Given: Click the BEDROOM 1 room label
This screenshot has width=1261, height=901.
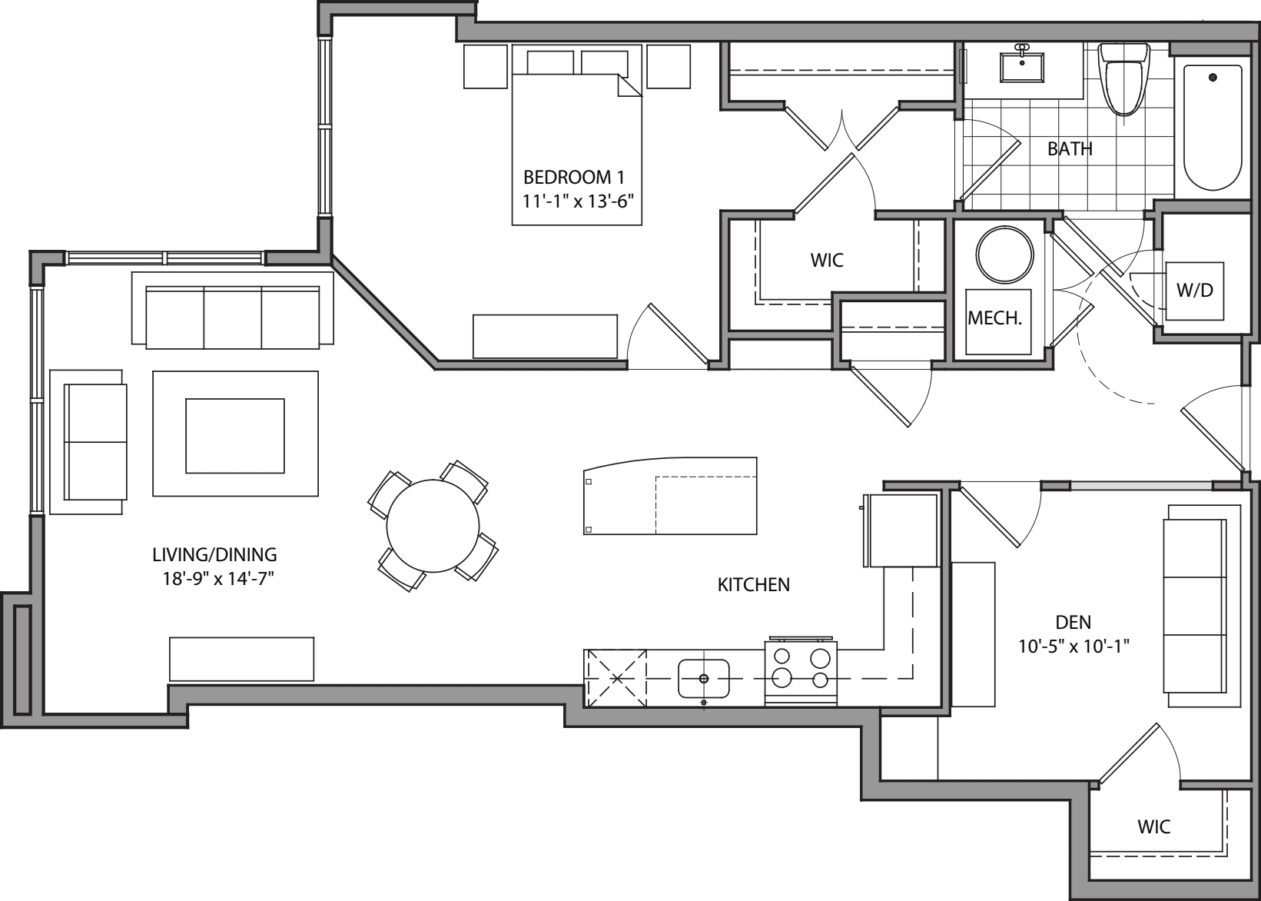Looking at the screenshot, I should pyautogui.click(x=572, y=178).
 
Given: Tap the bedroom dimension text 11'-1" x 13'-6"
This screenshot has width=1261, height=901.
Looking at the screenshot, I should pyautogui.click(x=577, y=201).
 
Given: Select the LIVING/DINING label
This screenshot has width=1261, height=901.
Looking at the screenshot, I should pyautogui.click(x=214, y=554).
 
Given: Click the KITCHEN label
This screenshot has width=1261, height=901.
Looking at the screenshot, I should pyautogui.click(x=753, y=585).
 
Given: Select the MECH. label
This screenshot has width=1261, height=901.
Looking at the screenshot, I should pyautogui.click(x=994, y=318).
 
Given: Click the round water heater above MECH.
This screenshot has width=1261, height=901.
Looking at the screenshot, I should pyautogui.click(x=1004, y=255).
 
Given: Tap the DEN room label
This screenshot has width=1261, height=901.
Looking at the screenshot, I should pyautogui.click(x=1074, y=623).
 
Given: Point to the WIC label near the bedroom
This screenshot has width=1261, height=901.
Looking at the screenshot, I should pyautogui.click(x=827, y=261).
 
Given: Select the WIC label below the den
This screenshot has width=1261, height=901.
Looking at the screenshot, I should pyautogui.click(x=1153, y=827).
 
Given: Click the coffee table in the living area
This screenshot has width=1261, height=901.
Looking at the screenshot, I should pyautogui.click(x=235, y=435).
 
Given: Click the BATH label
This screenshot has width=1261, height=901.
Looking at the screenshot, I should pyautogui.click(x=1070, y=149).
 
